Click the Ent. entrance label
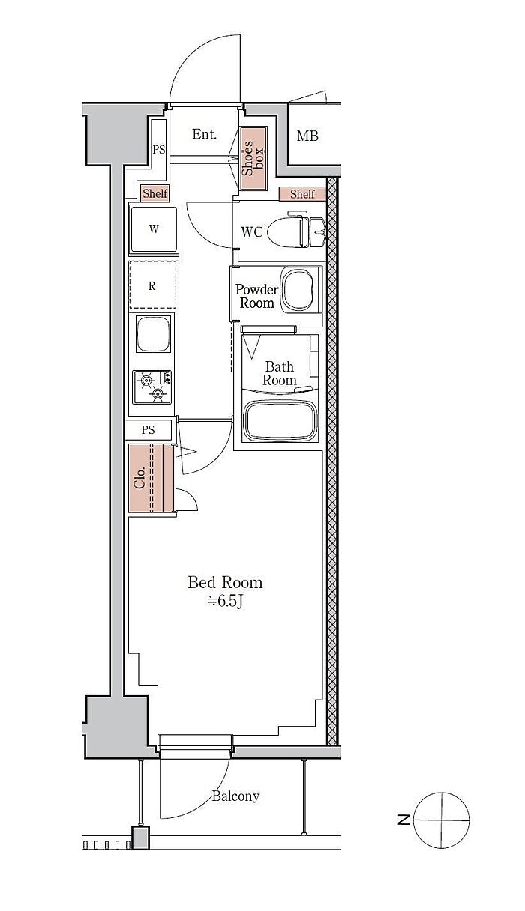(204, 134)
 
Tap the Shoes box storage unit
(253, 158)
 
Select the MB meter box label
(307, 136)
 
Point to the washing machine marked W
(154, 229)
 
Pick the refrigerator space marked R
(152, 285)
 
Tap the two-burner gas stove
(152, 387)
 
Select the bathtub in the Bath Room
(280, 420)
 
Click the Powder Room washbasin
(298, 290)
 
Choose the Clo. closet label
(139, 478)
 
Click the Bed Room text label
(225, 582)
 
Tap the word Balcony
(235, 796)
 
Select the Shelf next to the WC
(302, 194)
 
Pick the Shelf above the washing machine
(154, 193)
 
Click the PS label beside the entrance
(159, 150)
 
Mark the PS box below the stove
(148, 429)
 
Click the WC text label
(252, 232)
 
